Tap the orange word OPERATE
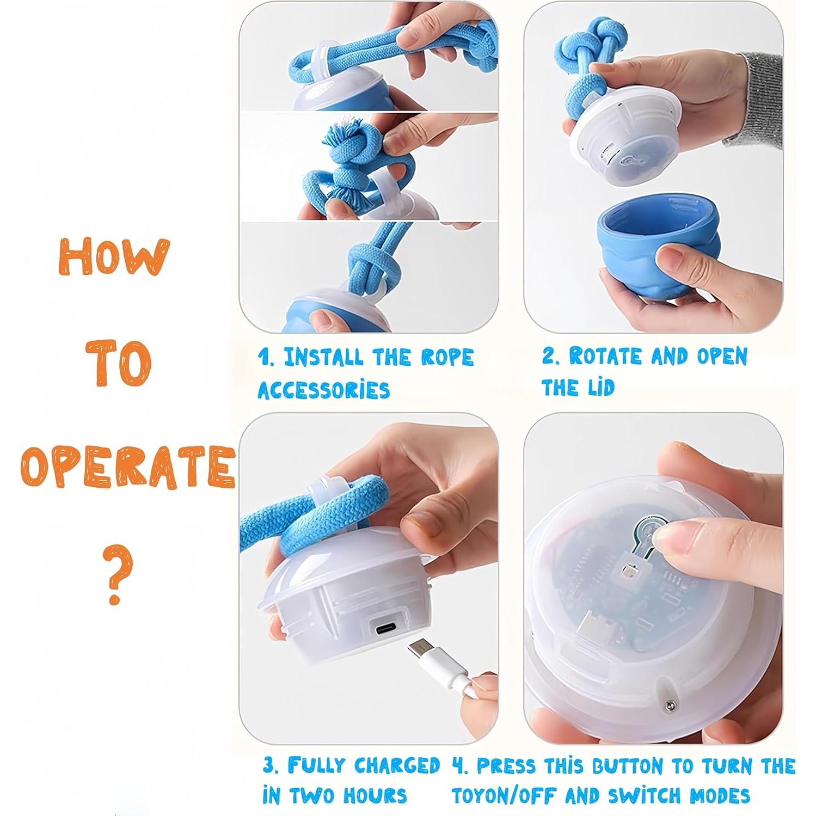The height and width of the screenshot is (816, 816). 127,468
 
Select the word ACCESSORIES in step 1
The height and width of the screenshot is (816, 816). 324,390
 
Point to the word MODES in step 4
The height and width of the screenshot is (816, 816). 719,796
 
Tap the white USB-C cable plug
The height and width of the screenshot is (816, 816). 422,656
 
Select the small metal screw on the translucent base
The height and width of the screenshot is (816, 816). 668,705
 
